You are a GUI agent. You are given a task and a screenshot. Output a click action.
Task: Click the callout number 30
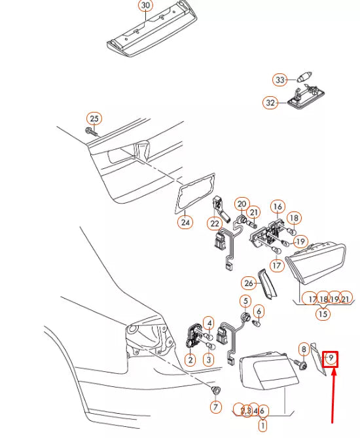(146, 5)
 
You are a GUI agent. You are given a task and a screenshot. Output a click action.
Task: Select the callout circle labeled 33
(280, 80)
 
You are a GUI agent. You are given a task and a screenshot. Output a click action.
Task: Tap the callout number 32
(270, 103)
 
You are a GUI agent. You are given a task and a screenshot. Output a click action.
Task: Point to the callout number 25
(94, 119)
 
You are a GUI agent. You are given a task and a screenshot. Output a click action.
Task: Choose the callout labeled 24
(185, 223)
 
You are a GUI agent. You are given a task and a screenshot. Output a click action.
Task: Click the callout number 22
(215, 224)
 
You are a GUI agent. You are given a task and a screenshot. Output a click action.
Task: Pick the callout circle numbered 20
(242, 204)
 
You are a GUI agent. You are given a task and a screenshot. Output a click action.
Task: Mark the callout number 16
(278, 207)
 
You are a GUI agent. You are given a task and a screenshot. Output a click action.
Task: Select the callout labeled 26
(248, 283)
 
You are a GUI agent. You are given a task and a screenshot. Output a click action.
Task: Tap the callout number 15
(323, 314)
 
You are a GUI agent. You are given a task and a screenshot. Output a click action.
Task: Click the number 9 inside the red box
(331, 358)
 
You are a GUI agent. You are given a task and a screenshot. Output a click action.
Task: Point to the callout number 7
(215, 407)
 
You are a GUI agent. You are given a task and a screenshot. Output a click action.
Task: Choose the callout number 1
(262, 426)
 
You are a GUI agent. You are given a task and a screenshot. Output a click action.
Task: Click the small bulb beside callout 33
(304, 77)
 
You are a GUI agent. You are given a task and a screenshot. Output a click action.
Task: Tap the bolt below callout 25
(92, 132)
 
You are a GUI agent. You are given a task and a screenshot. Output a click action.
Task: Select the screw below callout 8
(300, 364)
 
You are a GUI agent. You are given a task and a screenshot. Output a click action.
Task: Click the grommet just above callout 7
(215, 389)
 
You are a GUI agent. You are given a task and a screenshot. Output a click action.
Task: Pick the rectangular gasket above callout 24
(195, 193)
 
